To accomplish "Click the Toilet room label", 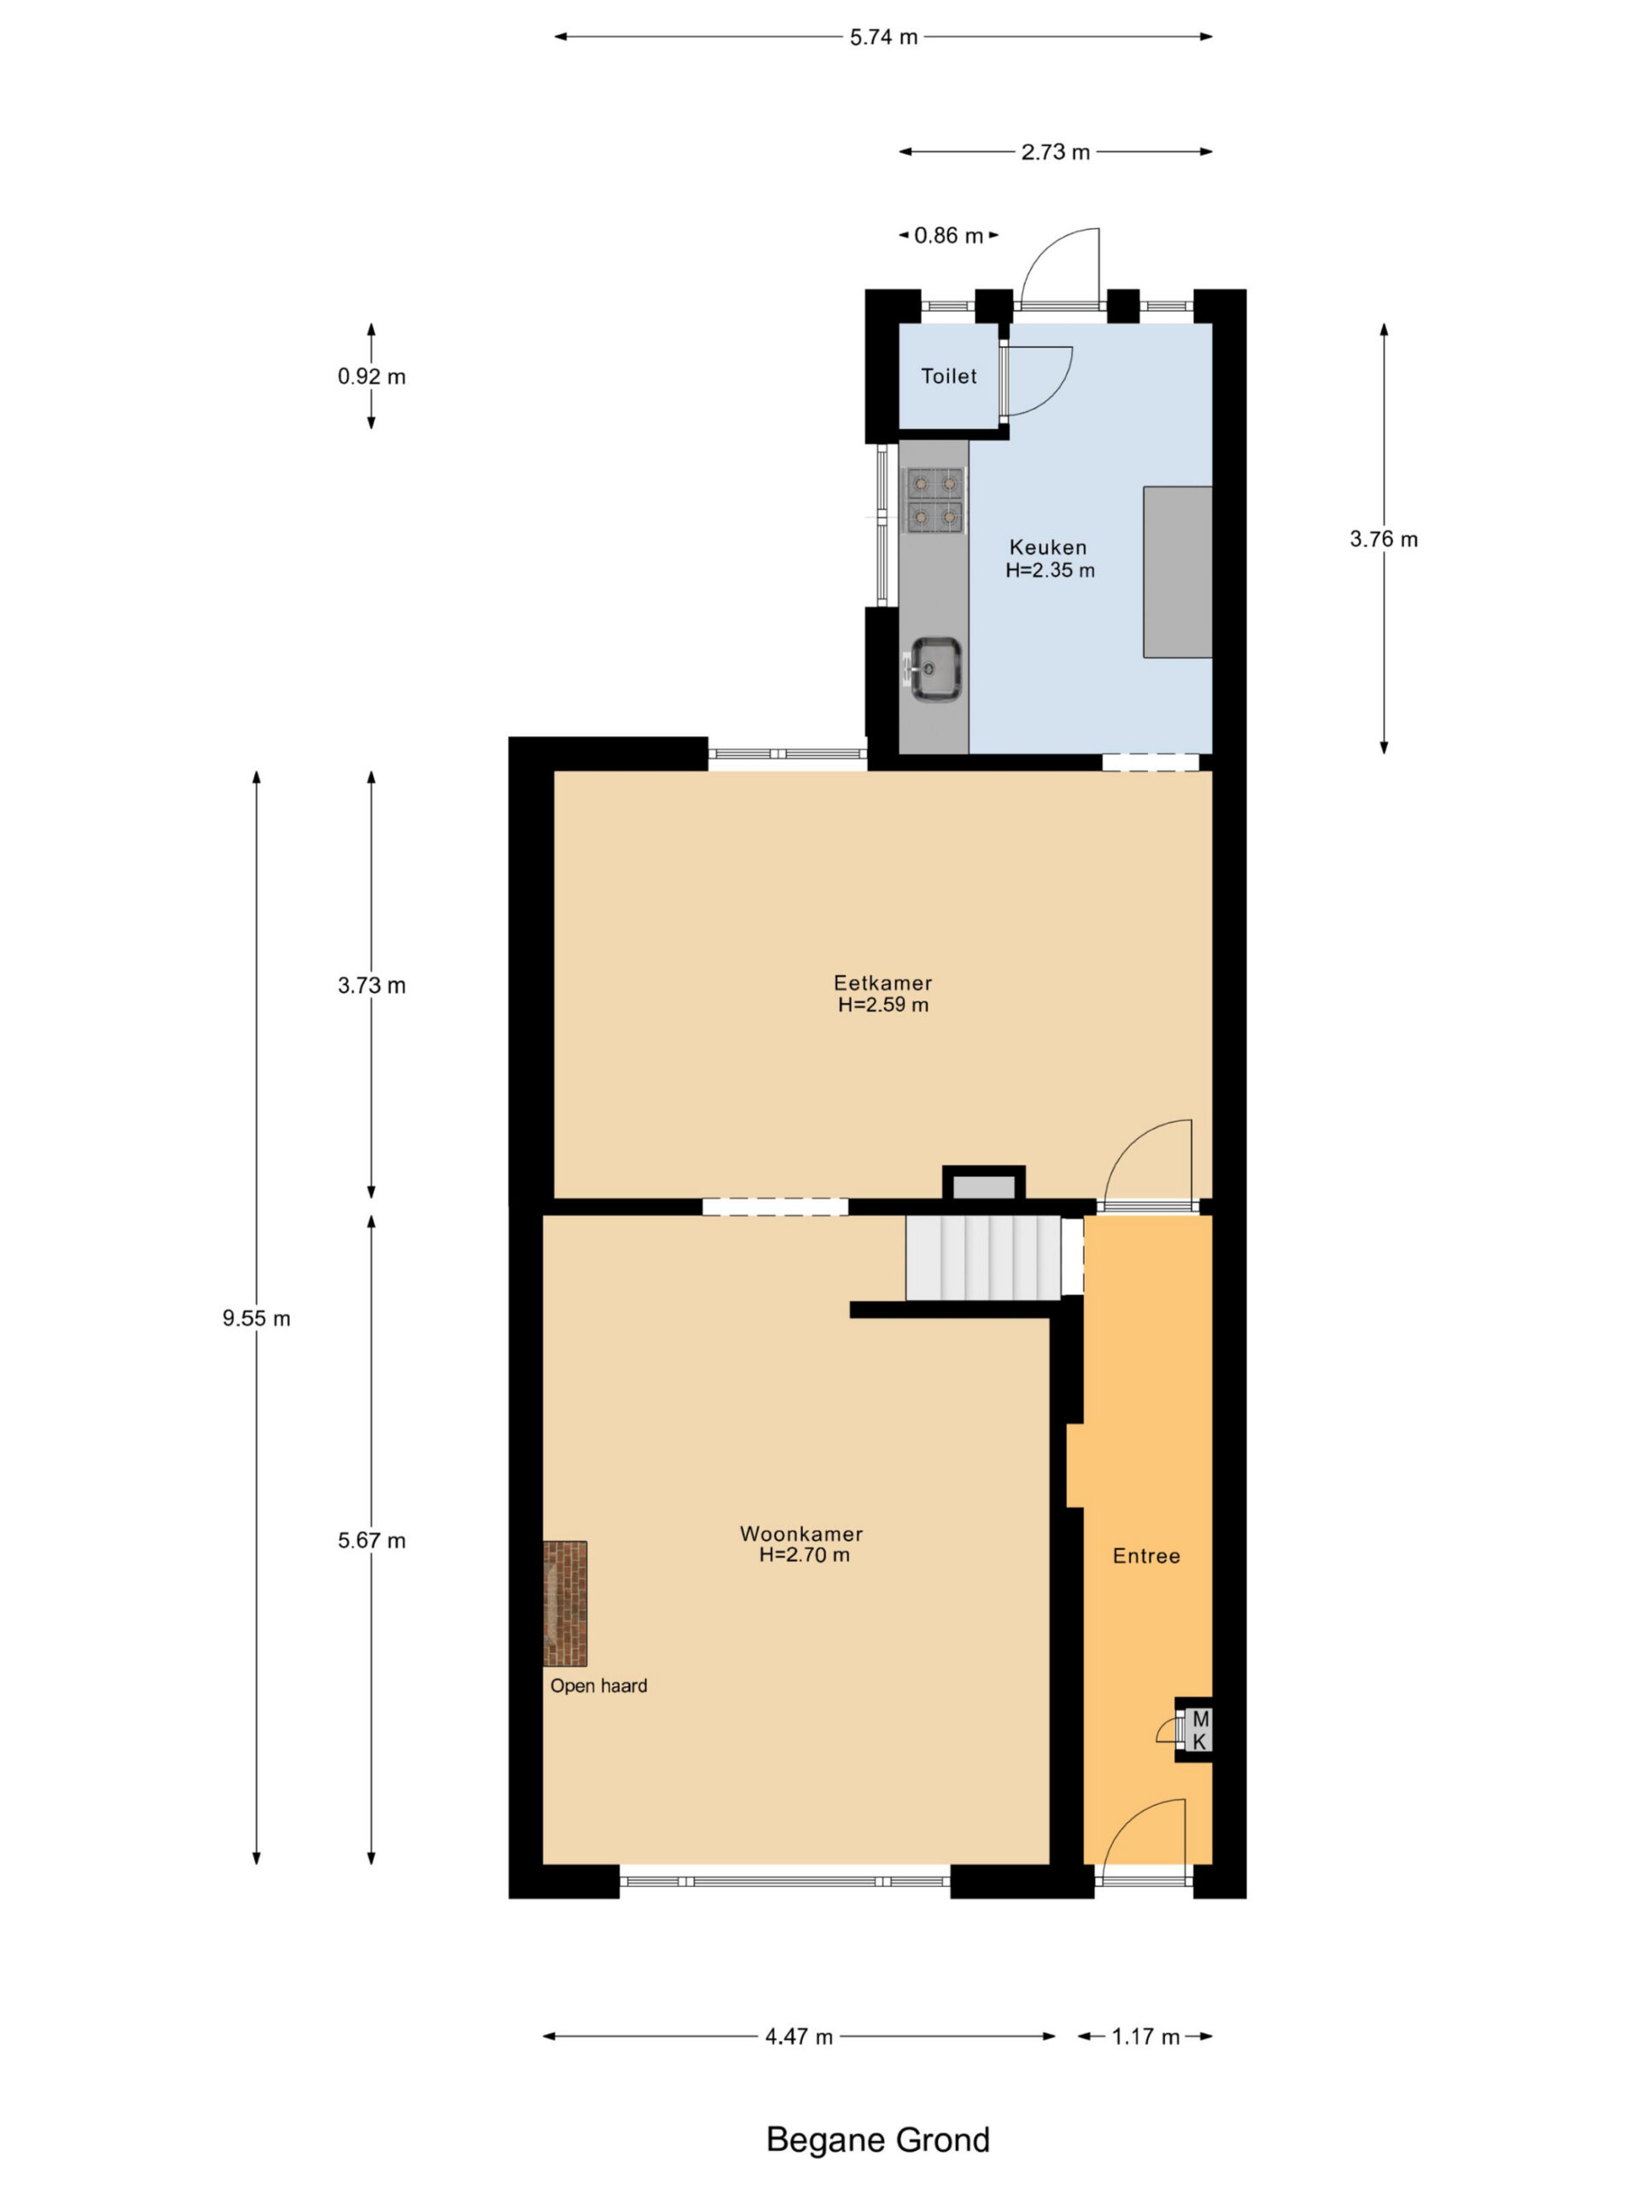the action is [948, 376].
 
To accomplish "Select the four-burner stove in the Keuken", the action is [934, 499].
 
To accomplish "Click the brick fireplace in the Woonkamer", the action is [565, 1603].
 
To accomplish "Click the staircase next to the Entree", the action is [984, 1258].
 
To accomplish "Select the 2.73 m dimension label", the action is [1055, 152].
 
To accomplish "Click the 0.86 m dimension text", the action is [948, 235].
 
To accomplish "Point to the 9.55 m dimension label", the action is [257, 1318].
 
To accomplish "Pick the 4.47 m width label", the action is [799, 2037].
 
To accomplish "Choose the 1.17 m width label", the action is [1145, 2037].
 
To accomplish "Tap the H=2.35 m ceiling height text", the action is [1050, 571].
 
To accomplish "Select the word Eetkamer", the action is [882, 982].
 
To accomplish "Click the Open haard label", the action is [599, 1686].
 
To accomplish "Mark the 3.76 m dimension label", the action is [1383, 540].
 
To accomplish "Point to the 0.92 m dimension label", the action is [372, 377].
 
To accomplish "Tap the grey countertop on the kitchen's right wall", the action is [1177, 572].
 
